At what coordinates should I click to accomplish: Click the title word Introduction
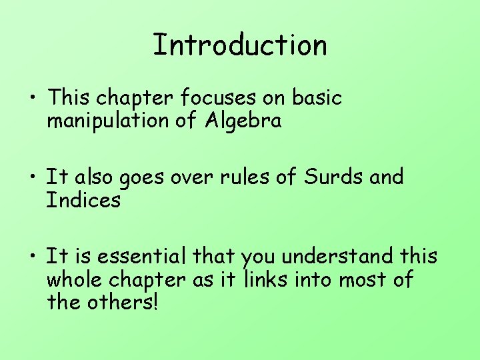click(240, 45)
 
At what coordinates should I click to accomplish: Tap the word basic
click(317, 98)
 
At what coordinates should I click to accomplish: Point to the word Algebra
click(243, 121)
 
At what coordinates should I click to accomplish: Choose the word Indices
click(83, 199)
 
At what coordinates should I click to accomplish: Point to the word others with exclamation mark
click(124, 302)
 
